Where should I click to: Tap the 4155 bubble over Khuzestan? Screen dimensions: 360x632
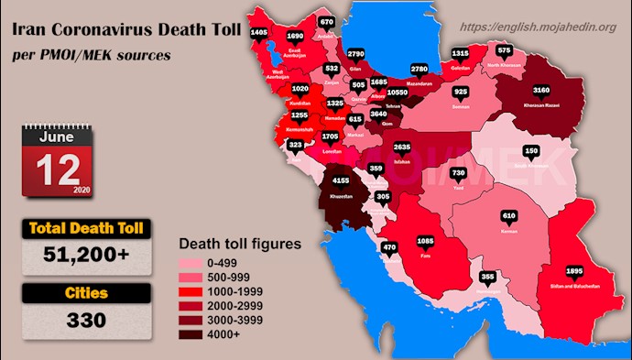click(x=341, y=181)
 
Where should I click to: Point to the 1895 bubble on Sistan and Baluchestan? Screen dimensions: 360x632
click(x=549, y=272)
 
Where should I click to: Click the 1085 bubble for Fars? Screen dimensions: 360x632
click(x=427, y=242)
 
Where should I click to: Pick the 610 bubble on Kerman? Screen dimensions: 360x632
click(x=509, y=216)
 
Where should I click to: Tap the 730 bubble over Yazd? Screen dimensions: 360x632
click(x=460, y=173)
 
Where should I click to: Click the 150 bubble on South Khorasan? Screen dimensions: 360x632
click(x=530, y=150)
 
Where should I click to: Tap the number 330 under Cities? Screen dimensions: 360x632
click(x=84, y=322)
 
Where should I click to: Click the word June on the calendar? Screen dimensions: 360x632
click(x=57, y=136)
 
